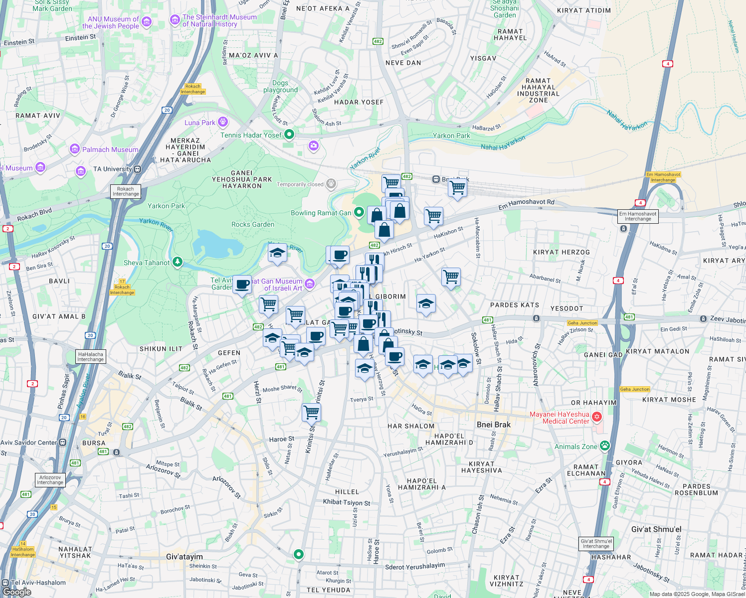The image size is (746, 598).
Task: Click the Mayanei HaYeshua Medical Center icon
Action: pos(597,417)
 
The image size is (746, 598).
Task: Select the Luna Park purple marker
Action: pos(223,122)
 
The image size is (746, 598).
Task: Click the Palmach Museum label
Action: pos(110,149)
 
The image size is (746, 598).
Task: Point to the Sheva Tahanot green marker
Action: pos(178,262)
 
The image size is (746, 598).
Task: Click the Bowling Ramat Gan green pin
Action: pos(359,213)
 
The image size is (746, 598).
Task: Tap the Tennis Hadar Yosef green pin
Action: pos(289,135)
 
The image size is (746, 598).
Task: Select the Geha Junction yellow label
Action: pos(582,323)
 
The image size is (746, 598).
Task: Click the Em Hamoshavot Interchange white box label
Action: pos(638,216)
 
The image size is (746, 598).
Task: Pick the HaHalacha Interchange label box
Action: pos(90,357)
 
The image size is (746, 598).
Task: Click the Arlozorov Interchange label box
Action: pos(50,480)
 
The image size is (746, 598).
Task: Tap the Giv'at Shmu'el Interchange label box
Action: pos(596,544)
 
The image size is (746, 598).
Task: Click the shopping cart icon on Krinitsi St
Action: pos(311,412)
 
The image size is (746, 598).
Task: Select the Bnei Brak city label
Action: pos(493,425)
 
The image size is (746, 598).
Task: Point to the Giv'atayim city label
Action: pos(184,557)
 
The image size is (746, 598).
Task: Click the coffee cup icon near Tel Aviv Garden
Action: pos(242,285)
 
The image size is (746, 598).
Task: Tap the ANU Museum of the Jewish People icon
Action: pos(146,22)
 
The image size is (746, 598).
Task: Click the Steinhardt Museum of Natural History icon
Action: pos(175,20)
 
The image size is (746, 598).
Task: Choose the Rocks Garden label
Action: pos(253,224)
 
